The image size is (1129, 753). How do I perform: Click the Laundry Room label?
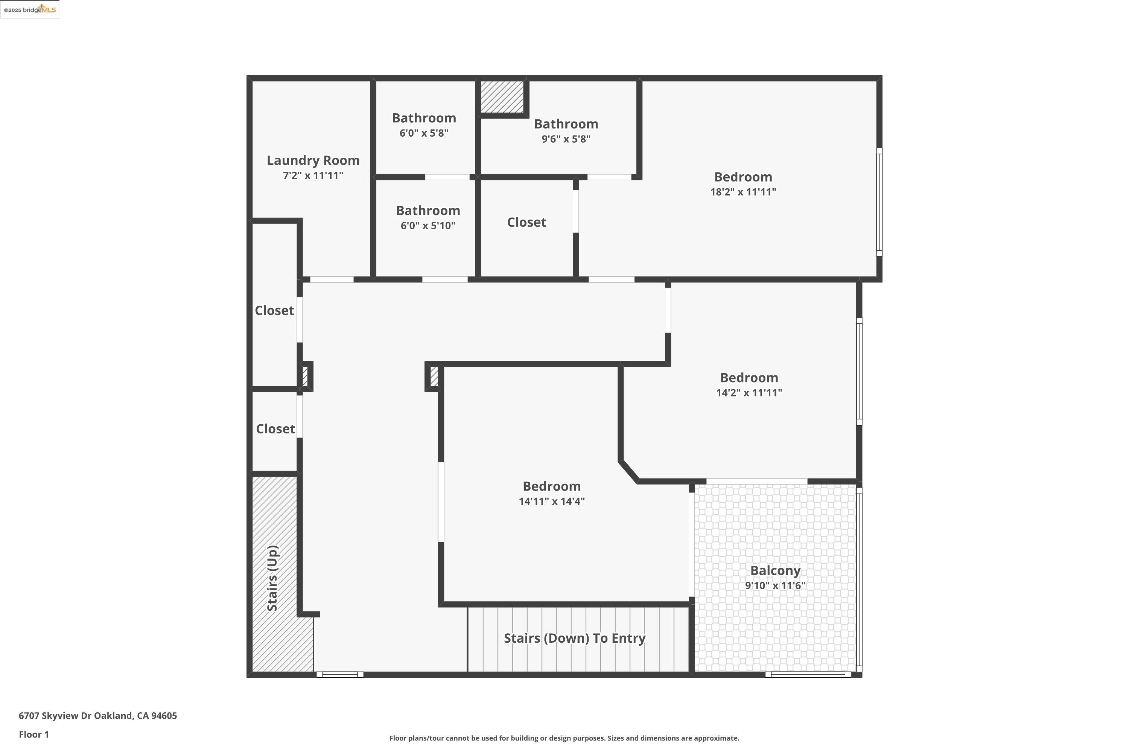tap(313, 160)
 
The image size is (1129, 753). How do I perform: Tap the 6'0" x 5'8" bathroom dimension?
tap(424, 133)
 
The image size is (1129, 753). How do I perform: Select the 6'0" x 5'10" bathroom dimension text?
tap(428, 226)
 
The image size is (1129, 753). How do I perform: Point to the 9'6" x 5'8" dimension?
tap(566, 139)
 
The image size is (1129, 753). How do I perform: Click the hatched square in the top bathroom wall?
tap(502, 96)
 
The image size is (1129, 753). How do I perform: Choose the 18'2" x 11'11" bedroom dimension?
tap(743, 192)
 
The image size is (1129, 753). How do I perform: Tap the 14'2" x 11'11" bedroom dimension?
tap(749, 393)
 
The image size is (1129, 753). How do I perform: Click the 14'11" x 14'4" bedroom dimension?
tap(552, 501)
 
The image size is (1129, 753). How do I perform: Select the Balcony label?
tap(775, 570)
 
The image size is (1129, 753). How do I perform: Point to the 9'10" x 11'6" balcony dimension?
tap(775, 585)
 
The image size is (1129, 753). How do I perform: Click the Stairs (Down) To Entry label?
tap(574, 638)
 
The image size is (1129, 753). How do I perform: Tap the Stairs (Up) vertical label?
tap(272, 578)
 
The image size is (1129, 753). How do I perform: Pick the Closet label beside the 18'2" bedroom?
tap(526, 223)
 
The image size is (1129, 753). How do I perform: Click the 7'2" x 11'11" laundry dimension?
tap(313, 176)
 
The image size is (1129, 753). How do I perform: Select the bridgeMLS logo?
tap(30, 10)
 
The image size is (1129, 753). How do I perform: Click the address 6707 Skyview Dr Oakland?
tap(98, 716)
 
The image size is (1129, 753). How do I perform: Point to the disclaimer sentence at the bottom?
tap(564, 738)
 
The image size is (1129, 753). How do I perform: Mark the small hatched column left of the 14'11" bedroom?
tap(434, 376)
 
